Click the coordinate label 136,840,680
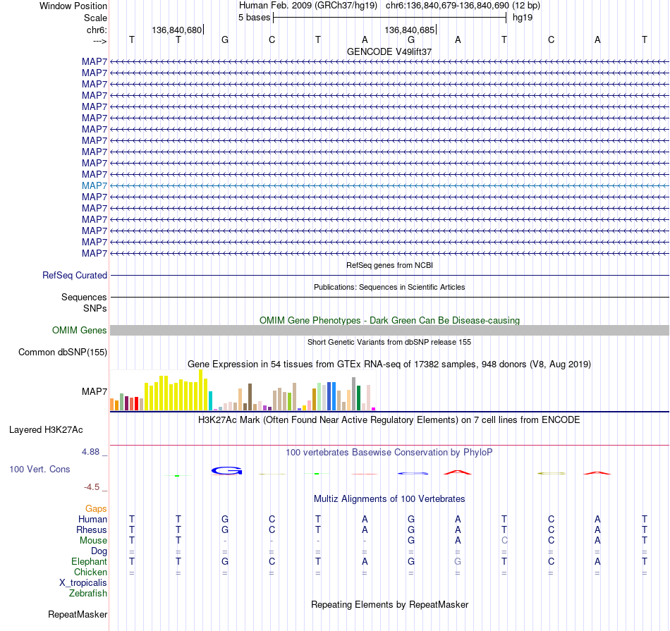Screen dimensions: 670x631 tap(176, 30)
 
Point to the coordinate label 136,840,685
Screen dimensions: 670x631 tap(409, 30)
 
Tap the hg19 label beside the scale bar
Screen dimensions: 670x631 tap(523, 18)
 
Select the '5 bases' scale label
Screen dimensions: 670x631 tap(254, 18)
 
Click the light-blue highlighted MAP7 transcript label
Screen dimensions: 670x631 tap(95, 186)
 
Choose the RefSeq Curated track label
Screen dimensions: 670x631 tap(75, 275)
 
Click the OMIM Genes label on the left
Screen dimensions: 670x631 tap(80, 330)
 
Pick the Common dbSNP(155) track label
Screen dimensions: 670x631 tap(63, 352)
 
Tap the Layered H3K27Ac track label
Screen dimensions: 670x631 tap(46, 430)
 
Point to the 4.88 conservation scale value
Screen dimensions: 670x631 tap(90, 451)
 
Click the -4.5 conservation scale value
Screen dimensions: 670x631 tap(92, 487)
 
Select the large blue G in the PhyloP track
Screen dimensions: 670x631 tap(227, 470)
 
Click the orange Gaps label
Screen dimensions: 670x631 tap(96, 508)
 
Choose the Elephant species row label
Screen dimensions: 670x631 tap(89, 561)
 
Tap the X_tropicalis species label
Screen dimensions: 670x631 tap(83, 583)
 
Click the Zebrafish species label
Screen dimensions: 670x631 tap(88, 594)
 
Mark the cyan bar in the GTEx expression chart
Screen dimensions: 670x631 tap(210, 400)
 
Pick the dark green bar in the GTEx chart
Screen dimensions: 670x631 tap(358, 398)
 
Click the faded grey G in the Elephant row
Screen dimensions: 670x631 tap(458, 561)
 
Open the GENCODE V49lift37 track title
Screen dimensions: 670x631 tap(389, 51)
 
